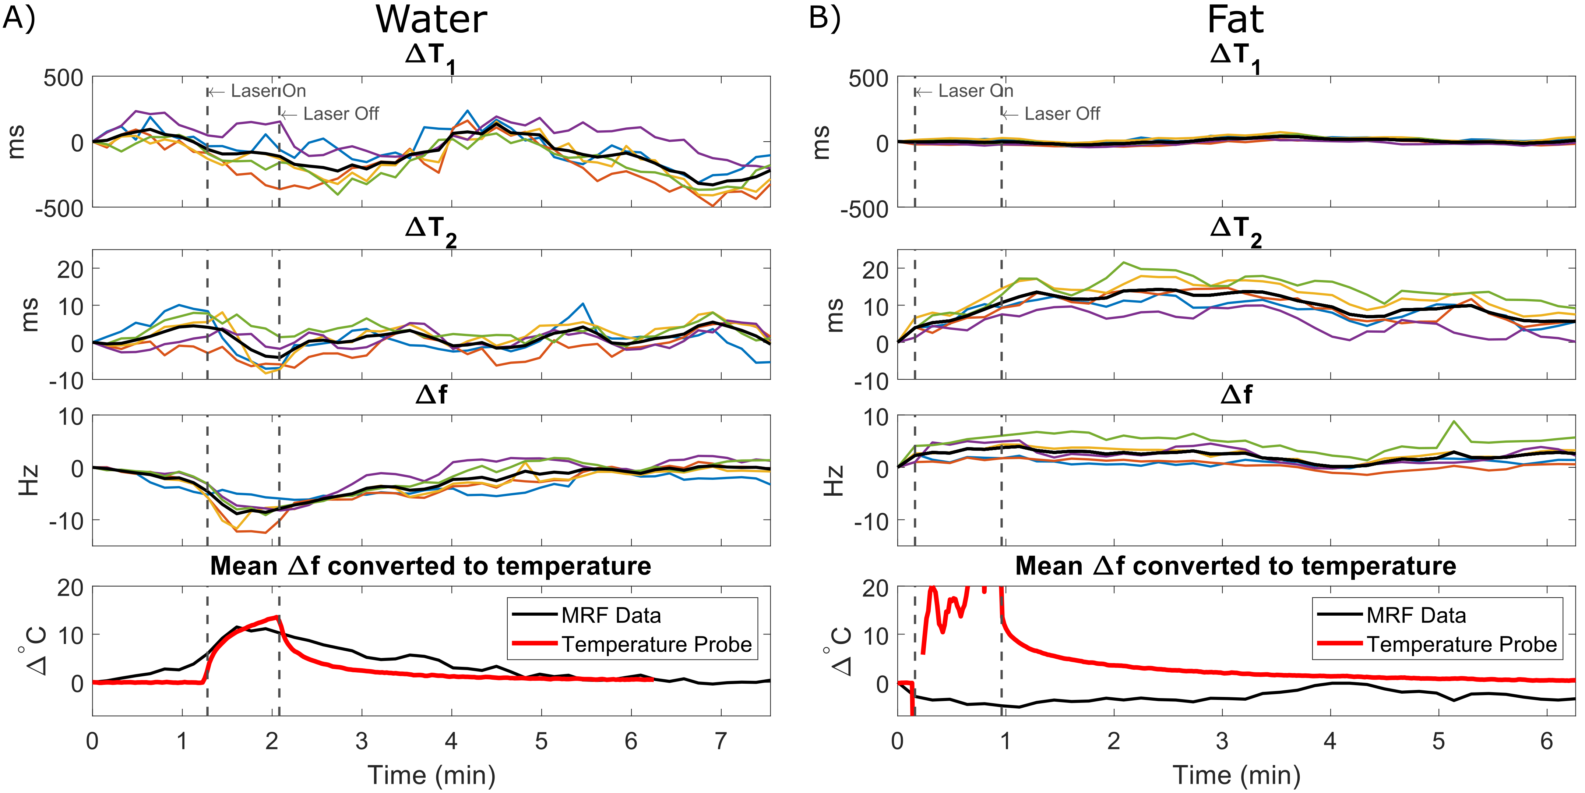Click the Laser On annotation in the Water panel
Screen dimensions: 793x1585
(268, 91)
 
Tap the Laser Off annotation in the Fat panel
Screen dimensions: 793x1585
(1061, 114)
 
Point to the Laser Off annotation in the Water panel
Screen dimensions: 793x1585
(341, 114)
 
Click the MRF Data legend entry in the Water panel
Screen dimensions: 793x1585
(610, 615)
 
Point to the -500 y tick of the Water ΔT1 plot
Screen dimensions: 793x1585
(60, 209)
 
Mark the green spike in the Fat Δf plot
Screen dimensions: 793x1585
(1454, 422)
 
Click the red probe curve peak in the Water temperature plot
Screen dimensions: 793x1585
(278, 616)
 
